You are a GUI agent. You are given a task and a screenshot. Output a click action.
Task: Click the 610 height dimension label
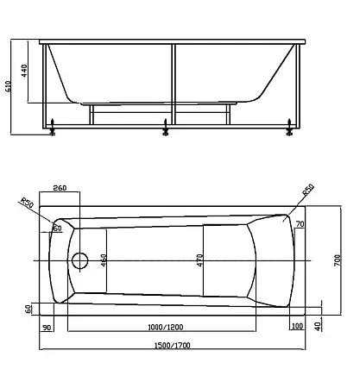pyautogui.click(x=9, y=86)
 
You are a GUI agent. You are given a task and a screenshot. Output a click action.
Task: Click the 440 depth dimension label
pyautogui.click(x=24, y=71)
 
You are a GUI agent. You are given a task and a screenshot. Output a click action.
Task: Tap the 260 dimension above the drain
pyautogui.click(x=60, y=188)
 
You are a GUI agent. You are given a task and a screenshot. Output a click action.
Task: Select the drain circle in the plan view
pyautogui.click(x=79, y=260)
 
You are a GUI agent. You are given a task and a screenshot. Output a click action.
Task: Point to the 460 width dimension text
pyautogui.click(x=104, y=260)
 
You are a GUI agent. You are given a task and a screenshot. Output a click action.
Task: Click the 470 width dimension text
pyautogui.click(x=200, y=260)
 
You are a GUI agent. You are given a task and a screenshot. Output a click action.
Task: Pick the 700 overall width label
pyautogui.click(x=338, y=260)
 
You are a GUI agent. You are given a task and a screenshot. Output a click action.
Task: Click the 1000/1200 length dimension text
pyautogui.click(x=166, y=327)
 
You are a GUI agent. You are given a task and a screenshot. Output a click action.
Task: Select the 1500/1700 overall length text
pyautogui.click(x=173, y=345)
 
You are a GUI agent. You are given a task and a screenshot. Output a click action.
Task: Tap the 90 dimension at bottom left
pyautogui.click(x=47, y=328)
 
